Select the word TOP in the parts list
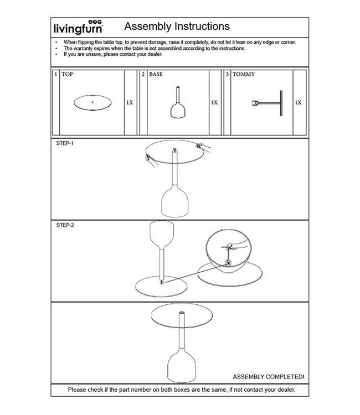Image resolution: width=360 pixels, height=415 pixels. click(x=67, y=74)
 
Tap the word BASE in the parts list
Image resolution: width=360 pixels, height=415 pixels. click(x=156, y=74)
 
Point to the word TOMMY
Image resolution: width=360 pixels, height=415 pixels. click(x=244, y=74)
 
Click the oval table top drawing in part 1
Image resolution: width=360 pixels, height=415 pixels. click(x=92, y=103)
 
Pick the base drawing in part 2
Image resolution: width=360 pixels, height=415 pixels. click(x=177, y=104)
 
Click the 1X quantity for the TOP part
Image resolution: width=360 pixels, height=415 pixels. click(x=130, y=103)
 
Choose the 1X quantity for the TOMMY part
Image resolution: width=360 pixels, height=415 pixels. click(x=299, y=103)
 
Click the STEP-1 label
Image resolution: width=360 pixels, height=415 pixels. click(x=65, y=143)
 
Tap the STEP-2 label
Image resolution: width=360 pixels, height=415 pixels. click(x=65, y=226)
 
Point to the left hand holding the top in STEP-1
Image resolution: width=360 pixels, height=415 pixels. click(x=148, y=159)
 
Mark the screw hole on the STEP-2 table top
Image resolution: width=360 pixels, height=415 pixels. click(x=161, y=282)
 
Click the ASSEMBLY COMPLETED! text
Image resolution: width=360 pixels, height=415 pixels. click(x=268, y=377)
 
